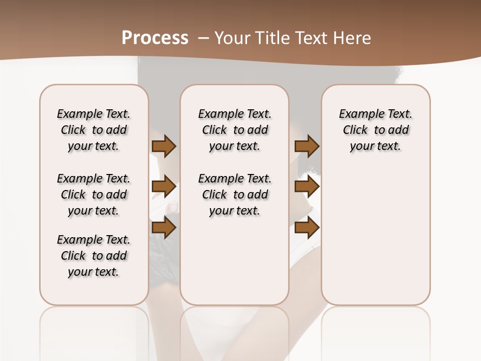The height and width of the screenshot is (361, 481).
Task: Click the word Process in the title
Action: [155, 38]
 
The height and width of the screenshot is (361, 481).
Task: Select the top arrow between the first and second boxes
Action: [164, 146]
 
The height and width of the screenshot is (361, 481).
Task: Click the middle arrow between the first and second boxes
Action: [164, 187]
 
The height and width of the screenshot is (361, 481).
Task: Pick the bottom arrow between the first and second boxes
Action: [164, 228]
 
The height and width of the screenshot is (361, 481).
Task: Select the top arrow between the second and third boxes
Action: [307, 146]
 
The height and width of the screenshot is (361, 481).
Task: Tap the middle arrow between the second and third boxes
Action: [307, 187]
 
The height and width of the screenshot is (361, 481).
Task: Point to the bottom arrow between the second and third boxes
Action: [307, 228]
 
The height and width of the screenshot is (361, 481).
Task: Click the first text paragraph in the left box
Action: [94, 130]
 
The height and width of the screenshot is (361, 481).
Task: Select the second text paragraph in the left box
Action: [94, 195]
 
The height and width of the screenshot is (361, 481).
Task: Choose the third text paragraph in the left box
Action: [94, 256]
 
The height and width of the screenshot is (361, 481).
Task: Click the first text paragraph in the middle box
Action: [235, 130]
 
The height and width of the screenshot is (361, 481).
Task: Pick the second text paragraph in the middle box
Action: [235, 195]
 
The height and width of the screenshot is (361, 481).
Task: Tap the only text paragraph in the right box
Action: [376, 130]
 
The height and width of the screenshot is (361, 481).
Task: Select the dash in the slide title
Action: [203, 38]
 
